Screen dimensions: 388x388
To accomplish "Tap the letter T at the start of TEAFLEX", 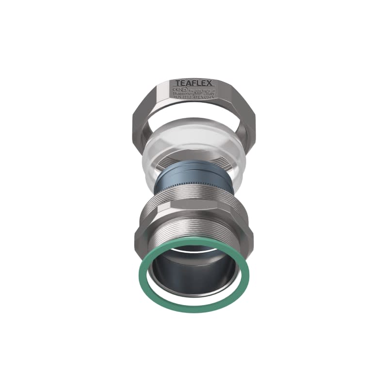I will pos(178,83).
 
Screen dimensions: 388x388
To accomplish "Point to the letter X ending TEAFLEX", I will pos(210,83).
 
